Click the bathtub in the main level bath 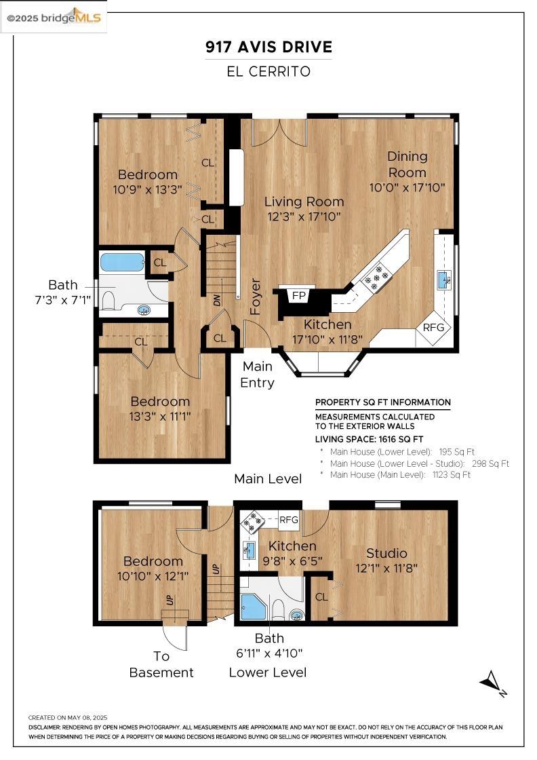coord(122,262)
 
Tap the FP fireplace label coord(298,296)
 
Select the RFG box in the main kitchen coord(433,327)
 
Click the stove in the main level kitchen coord(374,276)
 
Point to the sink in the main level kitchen coord(445,279)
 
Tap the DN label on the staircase coord(217,299)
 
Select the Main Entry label coord(258,375)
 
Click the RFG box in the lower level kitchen coord(289,520)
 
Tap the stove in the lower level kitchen coord(252,520)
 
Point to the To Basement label coord(161,665)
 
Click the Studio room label coord(386,553)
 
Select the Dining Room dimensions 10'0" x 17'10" coord(407,187)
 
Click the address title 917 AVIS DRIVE coord(269,47)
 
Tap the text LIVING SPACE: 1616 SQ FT coord(369,439)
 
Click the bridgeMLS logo coord(54,17)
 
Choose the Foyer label coord(256,296)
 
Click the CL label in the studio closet coord(321,597)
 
